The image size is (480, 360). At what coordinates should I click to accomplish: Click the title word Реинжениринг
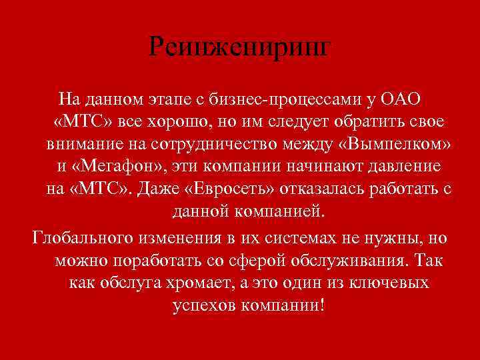[239, 47]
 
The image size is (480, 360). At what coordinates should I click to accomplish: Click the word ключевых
[390, 283]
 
